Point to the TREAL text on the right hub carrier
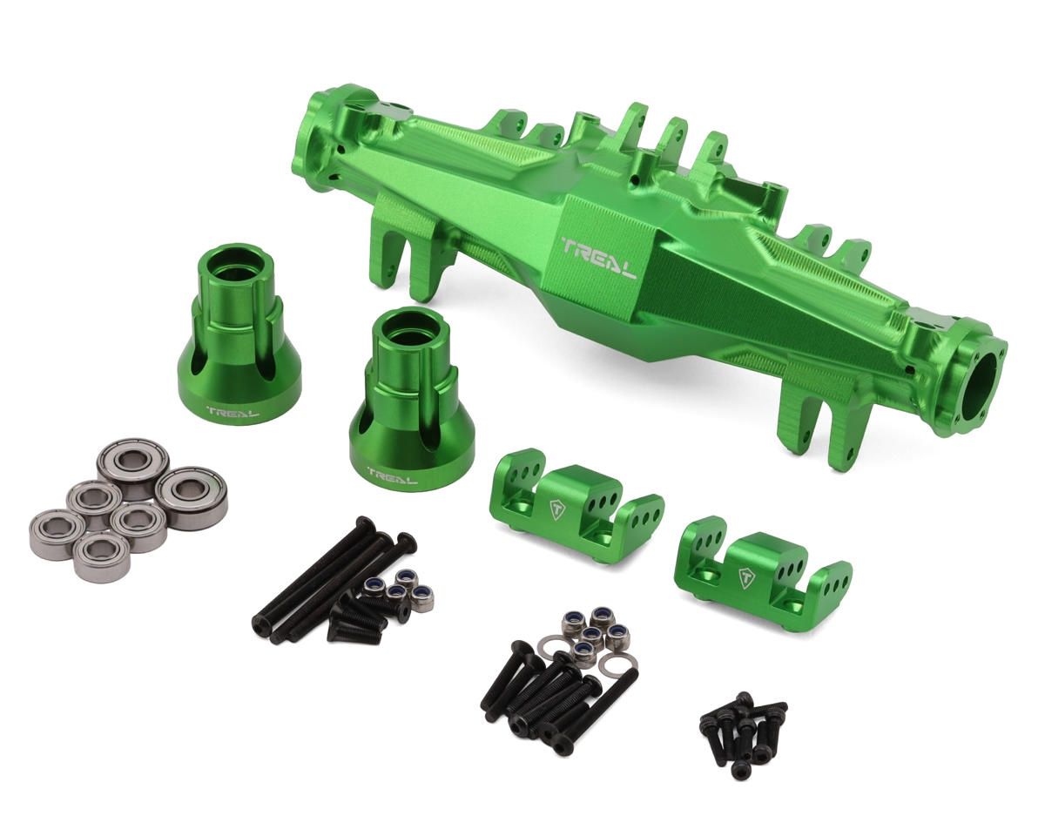391,475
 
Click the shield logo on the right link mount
746,576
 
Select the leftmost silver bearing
57,533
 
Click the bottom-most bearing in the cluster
102,556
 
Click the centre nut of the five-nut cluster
592,633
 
